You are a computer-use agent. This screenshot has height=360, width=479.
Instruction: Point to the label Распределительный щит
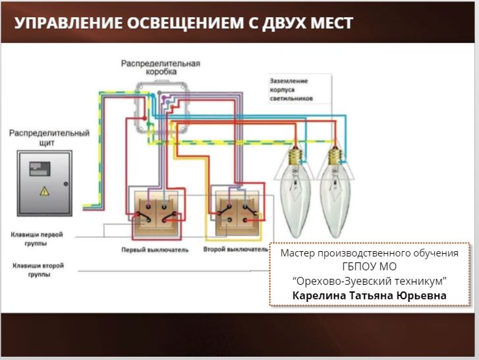(49, 137)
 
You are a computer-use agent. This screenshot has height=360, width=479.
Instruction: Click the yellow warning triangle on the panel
(44, 191)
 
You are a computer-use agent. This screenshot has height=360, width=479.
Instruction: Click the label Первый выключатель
(155, 250)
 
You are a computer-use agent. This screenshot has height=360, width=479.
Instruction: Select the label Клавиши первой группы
(37, 238)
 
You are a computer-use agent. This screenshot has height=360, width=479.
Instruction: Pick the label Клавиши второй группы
(37, 270)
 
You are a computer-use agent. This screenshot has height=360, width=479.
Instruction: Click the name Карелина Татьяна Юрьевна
(369, 295)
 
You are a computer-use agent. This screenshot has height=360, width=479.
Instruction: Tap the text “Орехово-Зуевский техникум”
(369, 281)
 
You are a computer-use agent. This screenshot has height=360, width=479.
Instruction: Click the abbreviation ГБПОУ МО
(369, 267)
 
